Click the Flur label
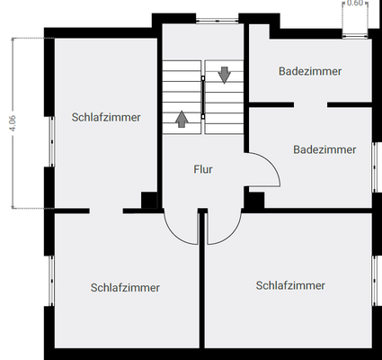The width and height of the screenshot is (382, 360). coord(203,168)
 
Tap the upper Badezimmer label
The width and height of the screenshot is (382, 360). coord(310,71)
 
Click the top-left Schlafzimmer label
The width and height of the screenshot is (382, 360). coord(106,116)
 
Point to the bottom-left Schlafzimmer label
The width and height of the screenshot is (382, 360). coord(125,287)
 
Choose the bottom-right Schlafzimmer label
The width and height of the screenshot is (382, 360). coord(290,285)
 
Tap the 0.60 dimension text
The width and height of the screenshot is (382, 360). coord(356,4)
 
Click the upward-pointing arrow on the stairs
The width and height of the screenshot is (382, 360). coord(182,117)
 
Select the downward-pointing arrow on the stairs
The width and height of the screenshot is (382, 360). coord(224,76)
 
